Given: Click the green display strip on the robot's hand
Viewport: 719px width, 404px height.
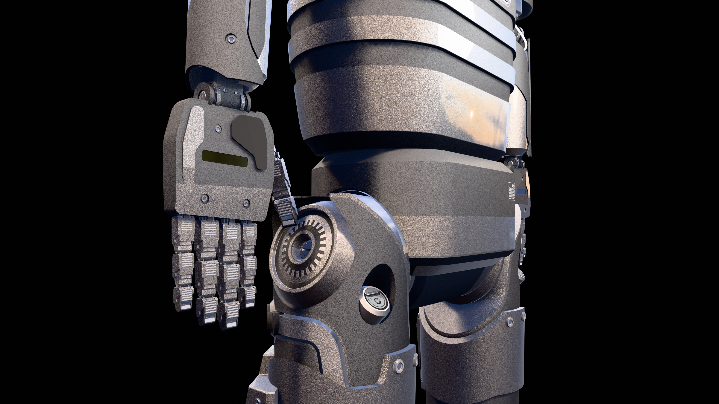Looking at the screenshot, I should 225,159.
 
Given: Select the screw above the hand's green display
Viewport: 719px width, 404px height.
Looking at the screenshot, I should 218,128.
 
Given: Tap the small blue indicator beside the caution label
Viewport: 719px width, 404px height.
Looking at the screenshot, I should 521,192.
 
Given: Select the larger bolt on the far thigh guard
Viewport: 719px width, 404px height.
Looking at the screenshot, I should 510,322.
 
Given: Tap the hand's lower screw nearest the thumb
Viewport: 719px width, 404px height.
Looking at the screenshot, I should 246,203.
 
